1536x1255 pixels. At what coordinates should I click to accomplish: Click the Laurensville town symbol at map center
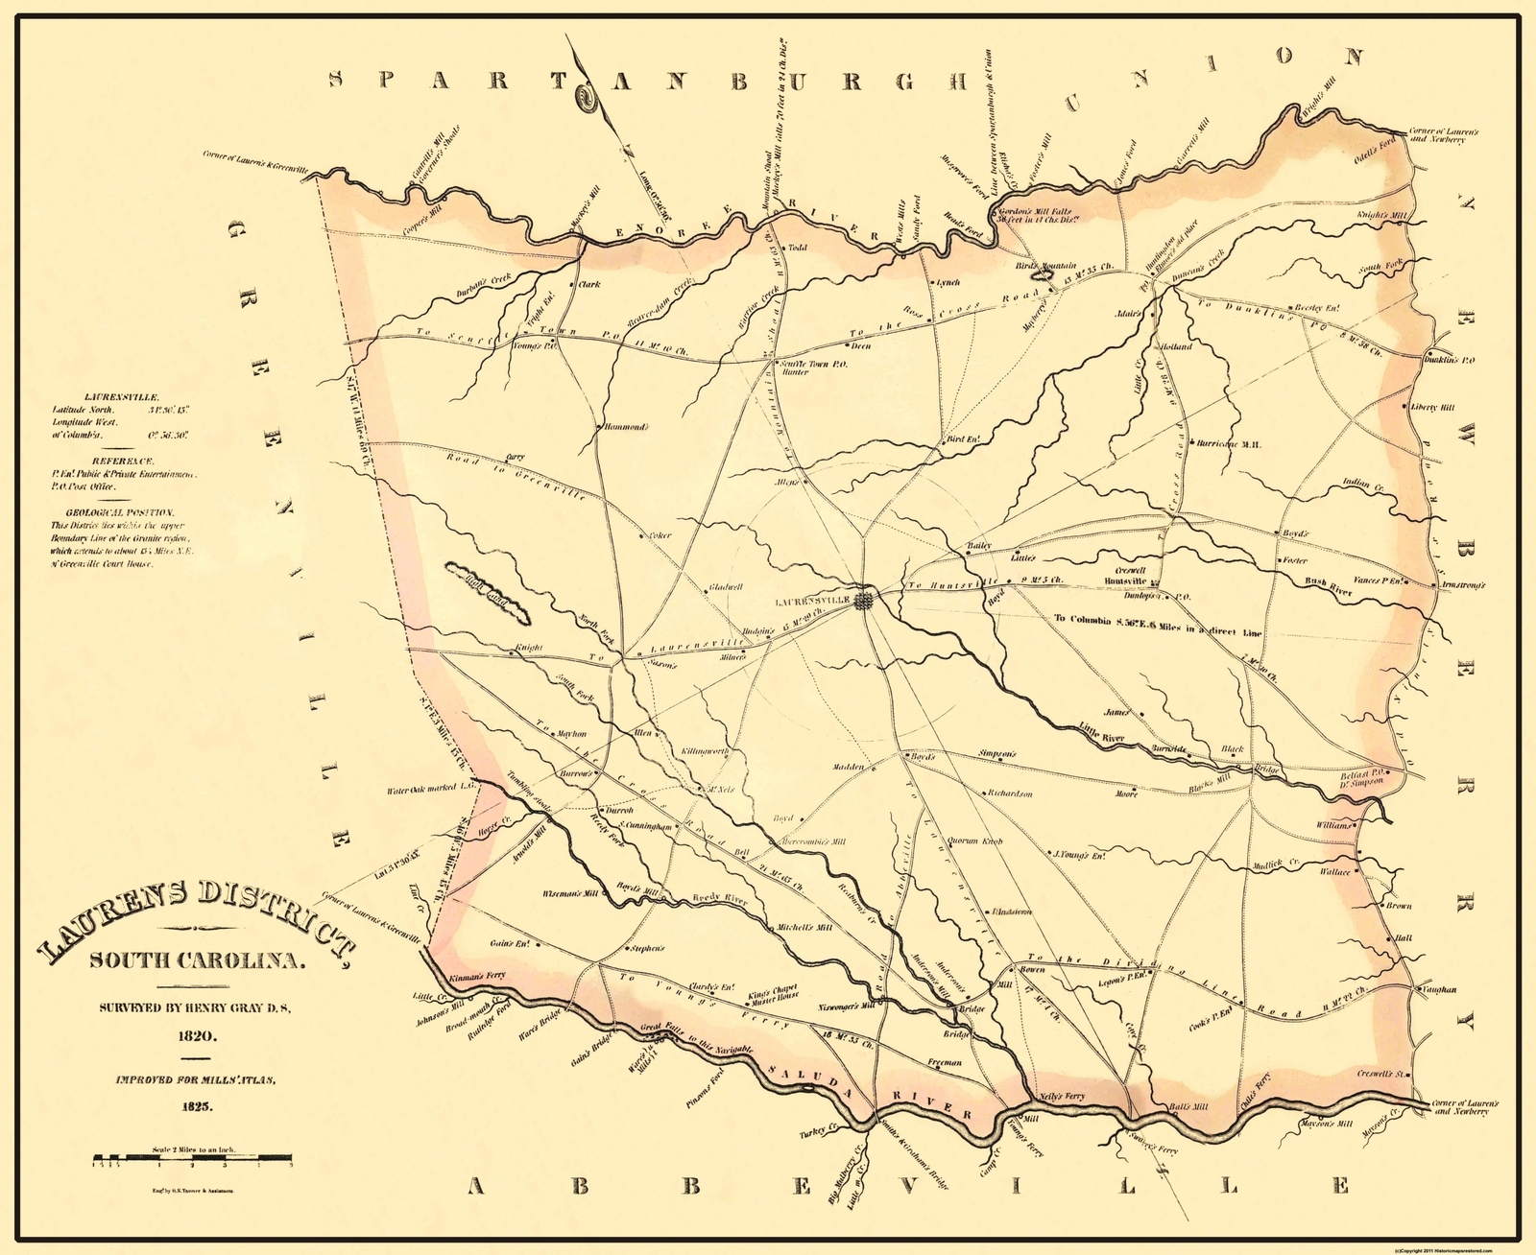[865, 600]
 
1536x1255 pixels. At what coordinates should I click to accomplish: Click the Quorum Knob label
[974, 841]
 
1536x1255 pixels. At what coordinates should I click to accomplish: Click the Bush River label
[1328, 587]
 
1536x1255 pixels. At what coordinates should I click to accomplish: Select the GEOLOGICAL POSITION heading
[114, 512]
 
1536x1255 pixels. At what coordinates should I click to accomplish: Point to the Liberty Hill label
[1432, 407]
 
